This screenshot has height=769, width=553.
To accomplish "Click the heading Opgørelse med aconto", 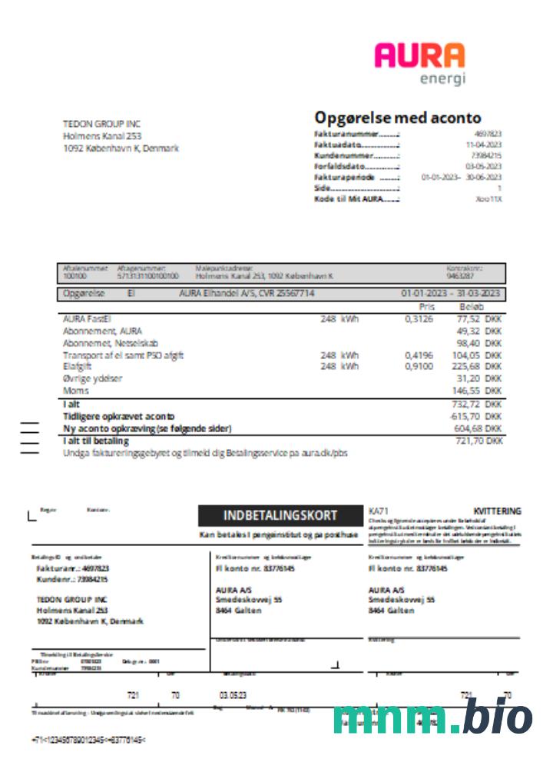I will coord(398,118).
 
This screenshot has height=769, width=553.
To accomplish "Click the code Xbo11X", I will coord(488,198).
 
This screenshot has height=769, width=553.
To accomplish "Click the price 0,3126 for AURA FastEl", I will coord(419,318).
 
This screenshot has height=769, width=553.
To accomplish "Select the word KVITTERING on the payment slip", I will coord(497,511).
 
